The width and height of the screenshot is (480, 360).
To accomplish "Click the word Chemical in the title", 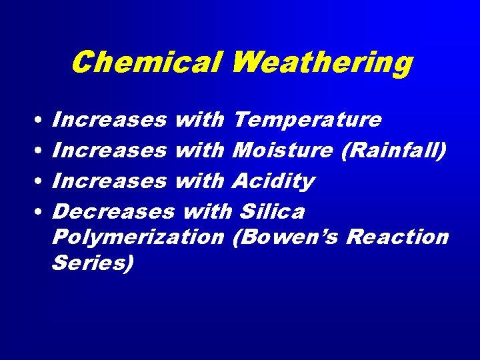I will coord(146,63).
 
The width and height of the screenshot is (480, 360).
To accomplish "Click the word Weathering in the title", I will coord(321,63).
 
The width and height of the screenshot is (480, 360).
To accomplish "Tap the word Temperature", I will coord(308,121).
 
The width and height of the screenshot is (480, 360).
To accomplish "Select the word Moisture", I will coord(283,151).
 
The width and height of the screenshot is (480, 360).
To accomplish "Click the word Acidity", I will coord(274,181).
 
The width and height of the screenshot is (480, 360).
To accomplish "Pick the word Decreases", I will coord(112,211).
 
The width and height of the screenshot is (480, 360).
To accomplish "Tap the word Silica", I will coord(271,211).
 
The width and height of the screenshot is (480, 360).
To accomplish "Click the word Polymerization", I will coord(137,237).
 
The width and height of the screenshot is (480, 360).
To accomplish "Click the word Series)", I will coord(92,263).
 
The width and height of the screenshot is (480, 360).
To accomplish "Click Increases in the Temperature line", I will coord(109,121).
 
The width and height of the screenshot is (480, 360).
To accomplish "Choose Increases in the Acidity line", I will coord(109,181).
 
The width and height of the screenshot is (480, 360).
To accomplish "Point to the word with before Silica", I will coord(206,211).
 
